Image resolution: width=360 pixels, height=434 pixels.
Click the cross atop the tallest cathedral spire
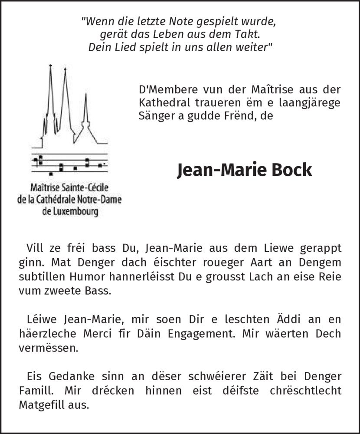pos(50,66)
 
